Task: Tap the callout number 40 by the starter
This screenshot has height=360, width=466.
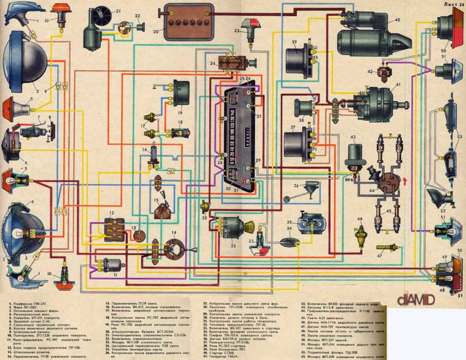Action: (x=398, y=20)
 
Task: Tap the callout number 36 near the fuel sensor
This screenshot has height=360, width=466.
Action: (x=296, y=186)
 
